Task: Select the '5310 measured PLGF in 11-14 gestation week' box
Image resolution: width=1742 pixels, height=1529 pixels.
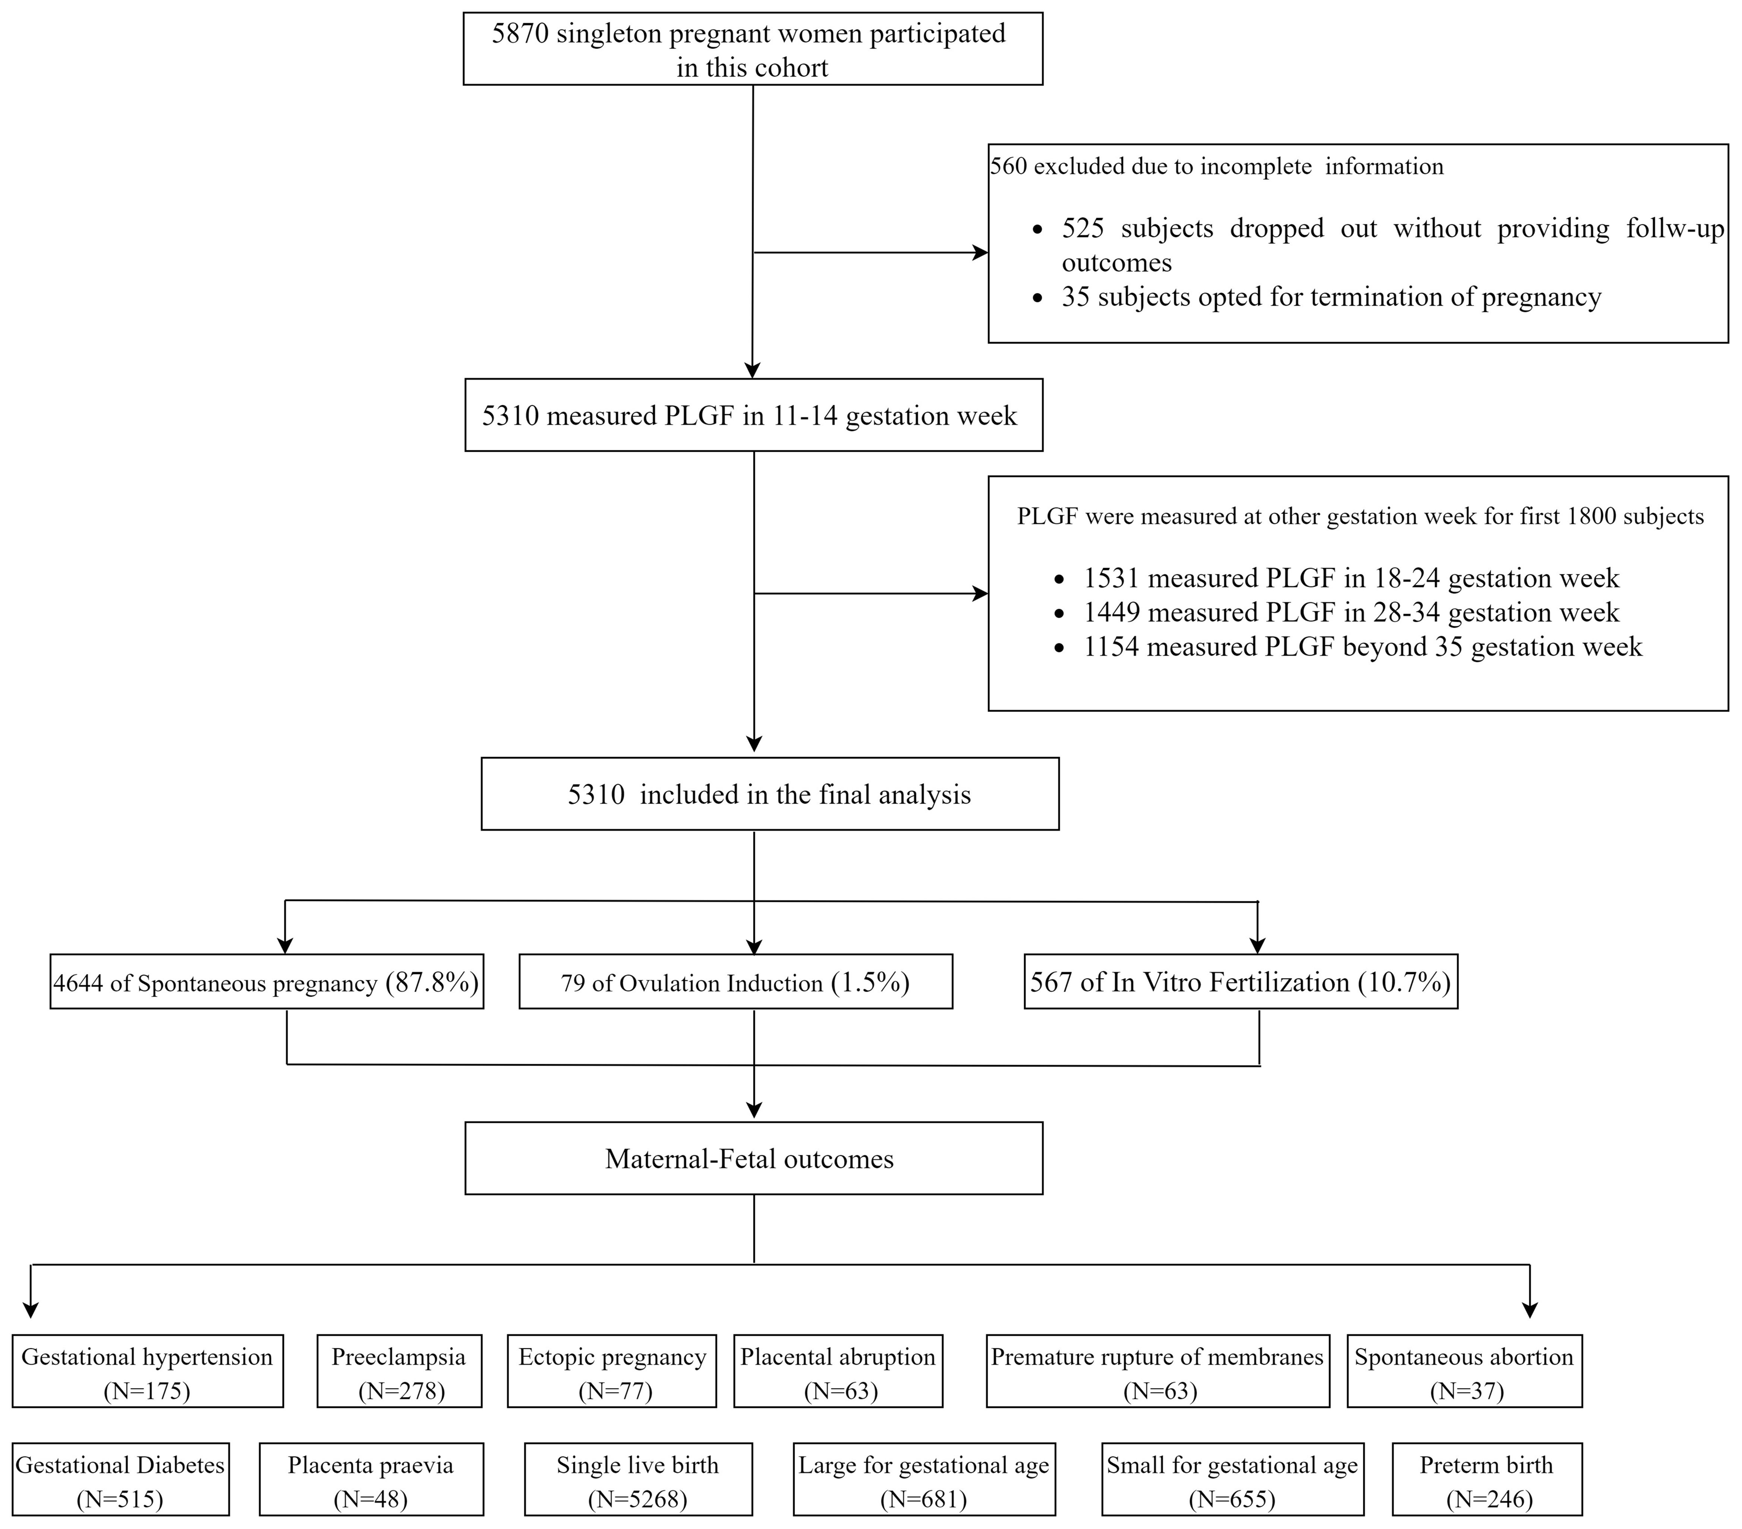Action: [x=753, y=415]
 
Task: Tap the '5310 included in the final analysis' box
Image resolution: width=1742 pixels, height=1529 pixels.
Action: [x=769, y=794]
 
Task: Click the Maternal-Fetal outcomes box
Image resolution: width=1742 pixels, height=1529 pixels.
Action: [x=753, y=1158]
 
